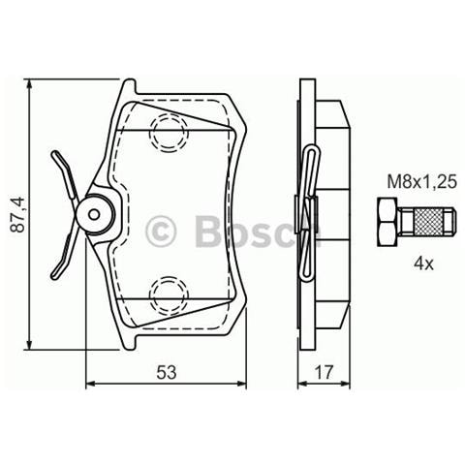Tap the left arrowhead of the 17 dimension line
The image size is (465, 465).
(x=301, y=385)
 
